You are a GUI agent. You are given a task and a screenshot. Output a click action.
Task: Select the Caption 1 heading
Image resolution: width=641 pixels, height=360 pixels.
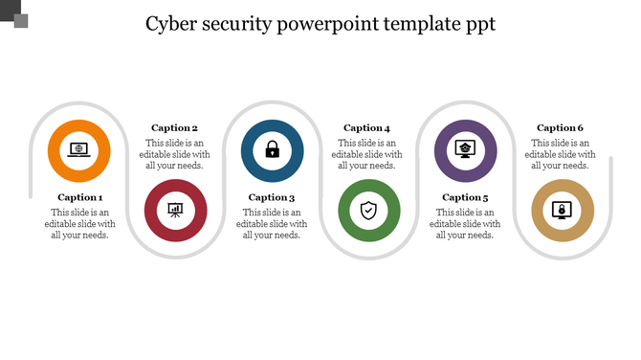[x=79, y=198]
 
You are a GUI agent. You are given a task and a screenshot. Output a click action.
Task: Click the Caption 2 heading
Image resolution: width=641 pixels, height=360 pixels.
[x=175, y=128]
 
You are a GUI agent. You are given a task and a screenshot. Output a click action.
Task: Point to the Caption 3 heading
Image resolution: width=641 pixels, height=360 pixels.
[x=272, y=198]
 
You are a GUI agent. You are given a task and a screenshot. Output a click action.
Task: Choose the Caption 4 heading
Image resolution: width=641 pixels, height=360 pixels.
[x=367, y=128]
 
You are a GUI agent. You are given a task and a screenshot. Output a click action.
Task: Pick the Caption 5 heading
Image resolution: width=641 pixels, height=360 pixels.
[x=465, y=198]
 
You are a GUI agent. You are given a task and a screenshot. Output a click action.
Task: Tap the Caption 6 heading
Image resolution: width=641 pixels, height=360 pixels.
[x=561, y=128]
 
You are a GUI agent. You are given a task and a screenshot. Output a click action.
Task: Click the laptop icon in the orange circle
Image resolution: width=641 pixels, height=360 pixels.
[x=79, y=150]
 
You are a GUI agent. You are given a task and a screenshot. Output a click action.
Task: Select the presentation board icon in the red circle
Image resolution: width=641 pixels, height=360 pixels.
[x=175, y=210]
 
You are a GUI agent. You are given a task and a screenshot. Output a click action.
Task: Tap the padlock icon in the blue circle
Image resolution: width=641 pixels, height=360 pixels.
[x=273, y=150]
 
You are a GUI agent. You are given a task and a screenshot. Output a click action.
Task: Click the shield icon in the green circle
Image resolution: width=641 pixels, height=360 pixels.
[x=369, y=210]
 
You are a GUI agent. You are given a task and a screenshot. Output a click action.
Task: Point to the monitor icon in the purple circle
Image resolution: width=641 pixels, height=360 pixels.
[x=466, y=150]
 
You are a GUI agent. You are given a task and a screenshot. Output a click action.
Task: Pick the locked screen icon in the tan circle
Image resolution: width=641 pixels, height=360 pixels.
[x=563, y=210]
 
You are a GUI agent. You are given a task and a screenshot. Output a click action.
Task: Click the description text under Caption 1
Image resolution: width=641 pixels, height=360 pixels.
[x=79, y=224]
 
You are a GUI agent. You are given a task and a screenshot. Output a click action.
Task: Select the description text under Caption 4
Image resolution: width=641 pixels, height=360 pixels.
[x=367, y=154]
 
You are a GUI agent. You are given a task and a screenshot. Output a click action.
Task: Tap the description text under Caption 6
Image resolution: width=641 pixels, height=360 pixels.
[x=561, y=154]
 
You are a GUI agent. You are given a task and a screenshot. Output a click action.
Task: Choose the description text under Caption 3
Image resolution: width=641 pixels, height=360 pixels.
[x=272, y=224]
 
